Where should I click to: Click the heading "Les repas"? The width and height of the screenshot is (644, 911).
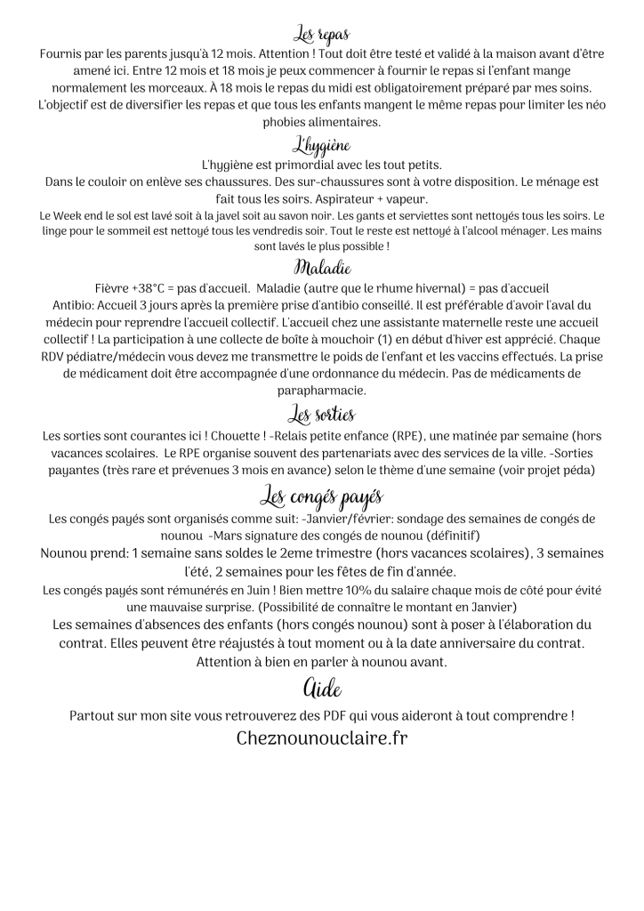tap(321, 35)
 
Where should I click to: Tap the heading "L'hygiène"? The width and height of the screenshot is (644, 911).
tap(321, 145)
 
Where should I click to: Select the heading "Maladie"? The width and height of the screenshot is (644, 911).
tap(321, 268)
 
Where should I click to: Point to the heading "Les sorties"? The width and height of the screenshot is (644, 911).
tap(321, 414)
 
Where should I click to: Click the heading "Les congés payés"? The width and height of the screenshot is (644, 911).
tap(321, 495)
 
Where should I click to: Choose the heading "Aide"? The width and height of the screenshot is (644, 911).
tap(321, 688)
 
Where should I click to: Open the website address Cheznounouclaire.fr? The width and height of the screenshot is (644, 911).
tap(322, 738)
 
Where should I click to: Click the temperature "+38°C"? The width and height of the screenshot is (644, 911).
tap(148, 288)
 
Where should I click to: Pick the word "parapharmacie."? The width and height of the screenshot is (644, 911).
tap(321, 390)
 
